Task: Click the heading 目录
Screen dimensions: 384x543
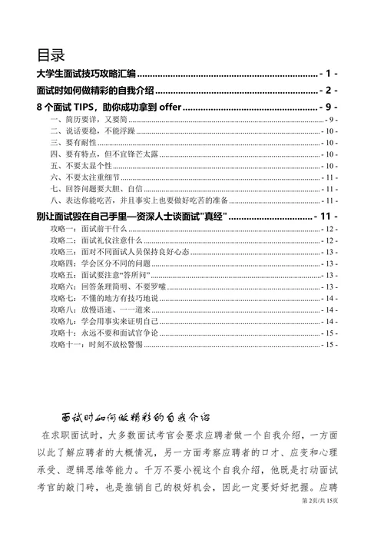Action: click(x=51, y=55)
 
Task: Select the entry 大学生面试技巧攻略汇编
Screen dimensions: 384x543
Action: click(x=86, y=74)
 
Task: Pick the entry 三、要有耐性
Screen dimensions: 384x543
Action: click(x=74, y=143)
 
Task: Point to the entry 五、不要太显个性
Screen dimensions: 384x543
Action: click(x=80, y=165)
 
